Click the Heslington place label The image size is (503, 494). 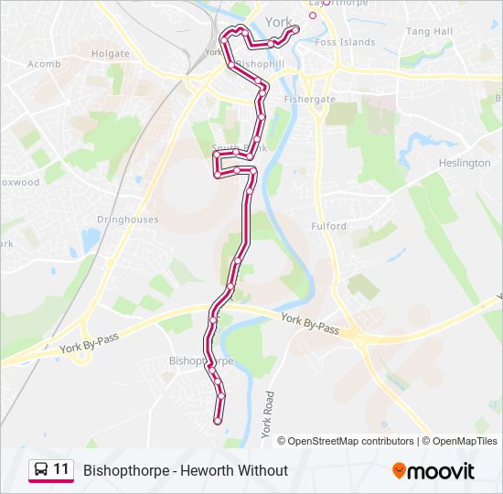pyautogui.click(x=465, y=163)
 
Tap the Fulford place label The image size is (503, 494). pyautogui.click(x=328, y=226)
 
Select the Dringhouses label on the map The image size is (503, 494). pyautogui.click(x=128, y=220)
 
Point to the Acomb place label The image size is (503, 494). pyautogui.click(x=44, y=64)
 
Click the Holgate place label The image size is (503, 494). pyautogui.click(x=111, y=54)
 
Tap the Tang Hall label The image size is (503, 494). pyautogui.click(x=429, y=31)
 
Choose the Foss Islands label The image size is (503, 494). pyautogui.click(x=345, y=42)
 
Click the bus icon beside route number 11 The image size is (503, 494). pyautogui.click(x=41, y=470)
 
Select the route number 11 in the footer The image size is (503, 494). pyautogui.click(x=61, y=470)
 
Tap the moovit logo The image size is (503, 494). pyautogui.click(x=433, y=471)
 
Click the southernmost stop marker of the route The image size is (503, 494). pyautogui.click(x=218, y=420)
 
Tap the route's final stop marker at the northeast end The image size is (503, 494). pyautogui.click(x=295, y=29)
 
